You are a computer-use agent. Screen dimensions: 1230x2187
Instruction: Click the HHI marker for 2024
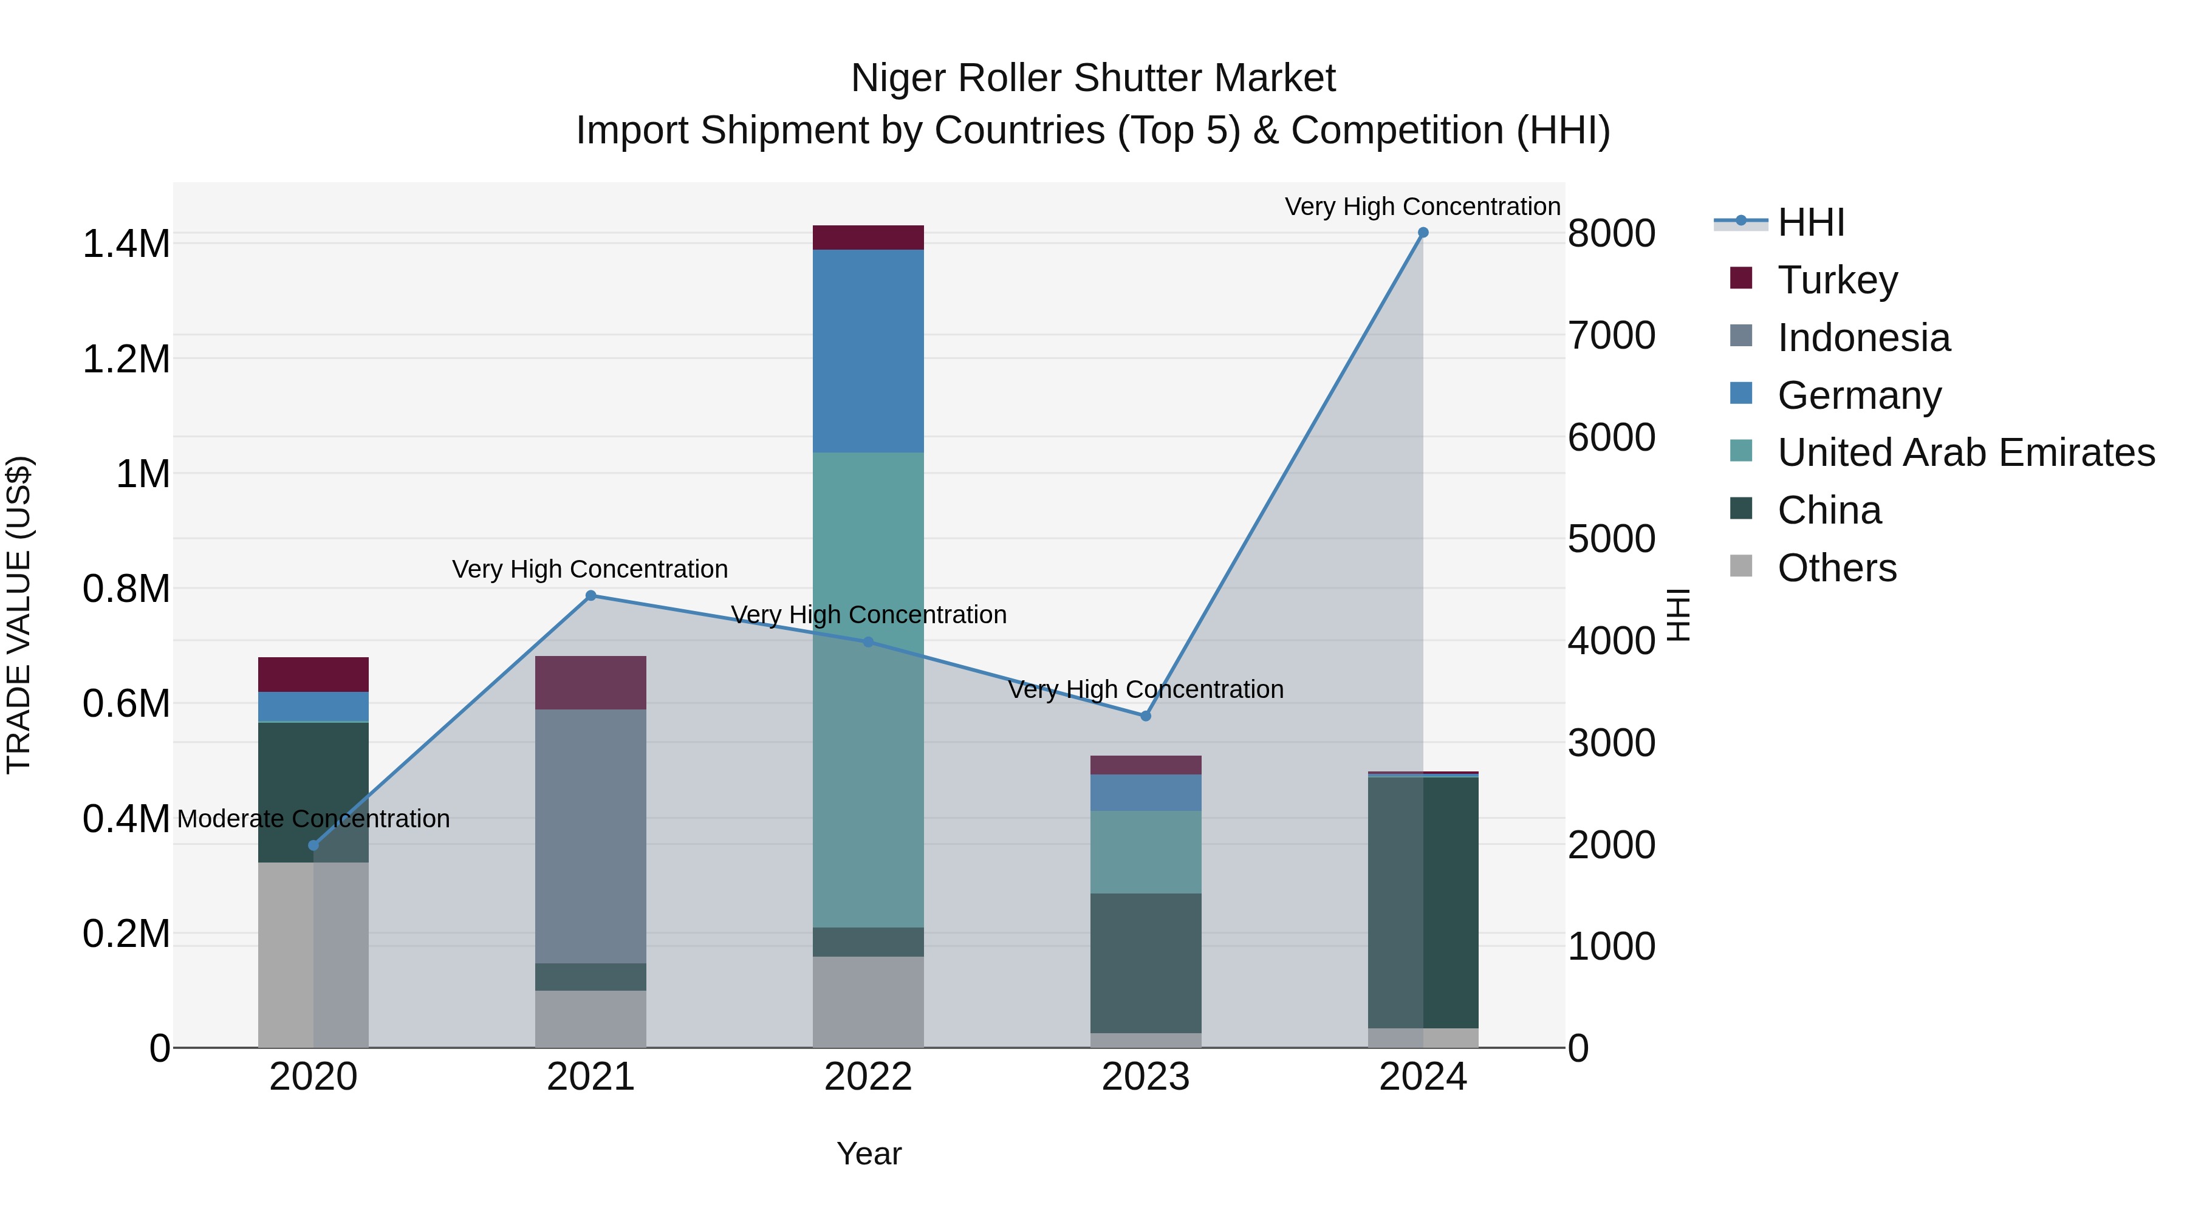click(1423, 233)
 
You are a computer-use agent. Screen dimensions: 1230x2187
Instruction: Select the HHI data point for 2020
click(313, 846)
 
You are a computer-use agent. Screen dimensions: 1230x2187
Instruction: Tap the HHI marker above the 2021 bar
click(591, 596)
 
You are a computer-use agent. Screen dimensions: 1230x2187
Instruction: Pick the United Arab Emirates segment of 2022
click(868, 689)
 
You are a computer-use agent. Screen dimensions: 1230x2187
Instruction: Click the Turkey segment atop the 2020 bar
click(313, 674)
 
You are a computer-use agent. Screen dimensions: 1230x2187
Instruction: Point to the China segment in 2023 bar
click(1145, 963)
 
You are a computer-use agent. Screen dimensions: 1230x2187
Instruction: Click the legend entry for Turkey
click(1836, 280)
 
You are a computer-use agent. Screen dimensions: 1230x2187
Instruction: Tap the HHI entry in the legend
click(1810, 222)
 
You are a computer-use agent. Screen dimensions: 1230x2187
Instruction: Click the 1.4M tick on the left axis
click(126, 244)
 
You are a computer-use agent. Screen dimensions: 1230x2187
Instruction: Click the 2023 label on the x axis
click(1145, 1077)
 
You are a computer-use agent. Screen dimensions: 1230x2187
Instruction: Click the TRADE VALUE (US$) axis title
click(19, 615)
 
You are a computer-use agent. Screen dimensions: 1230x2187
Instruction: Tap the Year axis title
click(869, 1153)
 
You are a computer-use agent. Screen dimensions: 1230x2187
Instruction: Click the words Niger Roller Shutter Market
click(1093, 78)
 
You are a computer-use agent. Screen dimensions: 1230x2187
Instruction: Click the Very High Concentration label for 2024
click(1422, 207)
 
